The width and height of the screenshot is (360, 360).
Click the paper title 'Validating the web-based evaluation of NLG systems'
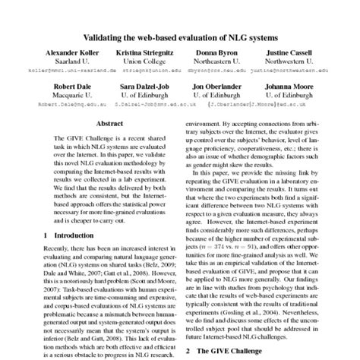coord(180,36)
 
